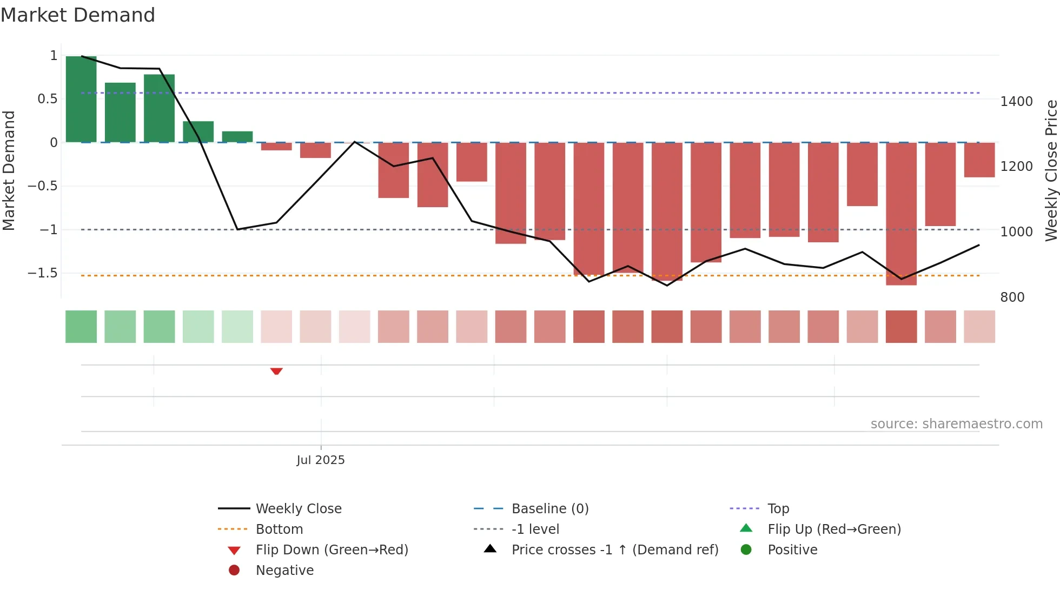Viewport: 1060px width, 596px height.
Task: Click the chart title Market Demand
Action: (78, 15)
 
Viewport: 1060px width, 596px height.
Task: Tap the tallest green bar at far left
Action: (81, 99)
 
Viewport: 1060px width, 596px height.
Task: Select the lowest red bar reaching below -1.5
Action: (901, 214)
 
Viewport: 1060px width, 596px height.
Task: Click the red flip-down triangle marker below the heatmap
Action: (276, 371)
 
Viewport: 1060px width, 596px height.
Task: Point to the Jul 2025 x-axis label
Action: (321, 460)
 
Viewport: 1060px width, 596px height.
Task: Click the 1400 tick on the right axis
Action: (1016, 102)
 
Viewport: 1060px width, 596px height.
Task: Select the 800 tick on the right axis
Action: (1012, 297)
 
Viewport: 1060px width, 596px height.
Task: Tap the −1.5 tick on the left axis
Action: (43, 273)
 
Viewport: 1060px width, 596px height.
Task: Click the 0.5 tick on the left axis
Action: (47, 99)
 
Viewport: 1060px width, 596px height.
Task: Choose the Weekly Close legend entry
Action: (299, 509)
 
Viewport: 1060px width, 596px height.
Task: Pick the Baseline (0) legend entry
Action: (550, 509)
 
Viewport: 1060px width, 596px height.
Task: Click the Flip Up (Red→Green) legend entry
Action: (834, 529)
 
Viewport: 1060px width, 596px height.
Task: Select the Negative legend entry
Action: (284, 571)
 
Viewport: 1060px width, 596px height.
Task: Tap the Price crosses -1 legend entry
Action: (615, 550)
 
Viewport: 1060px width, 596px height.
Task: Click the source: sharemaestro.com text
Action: (956, 424)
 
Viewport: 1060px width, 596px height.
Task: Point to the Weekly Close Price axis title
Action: (1051, 170)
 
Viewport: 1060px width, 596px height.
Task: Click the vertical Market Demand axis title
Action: (9, 170)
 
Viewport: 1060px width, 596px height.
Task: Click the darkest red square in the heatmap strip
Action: (901, 327)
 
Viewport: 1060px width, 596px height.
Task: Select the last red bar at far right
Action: (979, 160)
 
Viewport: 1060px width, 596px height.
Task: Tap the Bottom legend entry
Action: (279, 529)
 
